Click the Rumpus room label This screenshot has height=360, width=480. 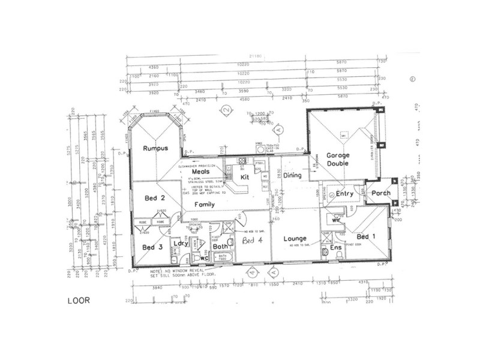154,149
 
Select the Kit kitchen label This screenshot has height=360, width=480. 244,178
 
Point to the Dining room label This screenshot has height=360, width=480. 292,175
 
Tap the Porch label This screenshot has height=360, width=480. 380,193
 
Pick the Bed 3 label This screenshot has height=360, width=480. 152,247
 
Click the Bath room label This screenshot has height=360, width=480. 220,246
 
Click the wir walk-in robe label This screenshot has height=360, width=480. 337,220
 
